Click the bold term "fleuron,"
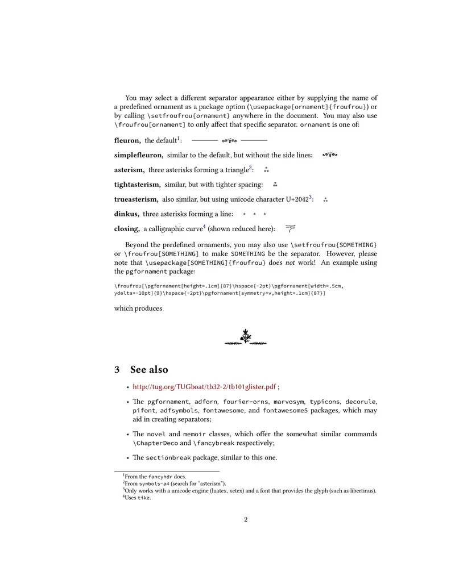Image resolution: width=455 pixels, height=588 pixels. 127,140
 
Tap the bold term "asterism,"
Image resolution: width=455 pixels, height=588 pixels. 129,170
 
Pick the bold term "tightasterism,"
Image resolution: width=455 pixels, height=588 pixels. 137,185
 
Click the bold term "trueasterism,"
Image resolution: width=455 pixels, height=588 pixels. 136,199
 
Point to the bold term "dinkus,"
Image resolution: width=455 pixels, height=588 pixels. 126,214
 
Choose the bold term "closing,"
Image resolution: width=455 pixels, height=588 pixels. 127,229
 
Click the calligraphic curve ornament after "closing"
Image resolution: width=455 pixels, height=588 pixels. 290,228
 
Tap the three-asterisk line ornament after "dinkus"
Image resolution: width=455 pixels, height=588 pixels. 254,215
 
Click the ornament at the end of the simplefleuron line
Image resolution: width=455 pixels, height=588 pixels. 330,155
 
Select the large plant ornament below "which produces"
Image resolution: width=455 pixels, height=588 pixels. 246,337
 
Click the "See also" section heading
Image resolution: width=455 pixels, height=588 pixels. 149,369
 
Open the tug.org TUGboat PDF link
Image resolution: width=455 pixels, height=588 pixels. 204,387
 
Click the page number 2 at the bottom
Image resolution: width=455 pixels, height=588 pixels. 246,519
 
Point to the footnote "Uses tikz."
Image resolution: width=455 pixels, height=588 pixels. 138,498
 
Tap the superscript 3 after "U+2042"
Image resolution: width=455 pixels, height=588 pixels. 311,197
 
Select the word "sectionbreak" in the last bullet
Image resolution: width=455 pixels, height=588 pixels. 169,458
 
